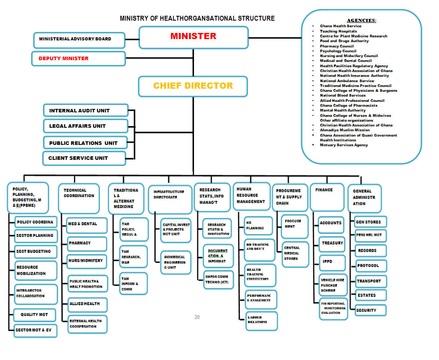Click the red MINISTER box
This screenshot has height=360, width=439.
(x=194, y=37)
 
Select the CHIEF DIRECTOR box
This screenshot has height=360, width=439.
(x=193, y=86)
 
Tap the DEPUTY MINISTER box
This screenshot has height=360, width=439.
(x=79, y=58)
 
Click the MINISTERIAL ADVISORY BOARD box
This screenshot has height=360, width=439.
(x=75, y=39)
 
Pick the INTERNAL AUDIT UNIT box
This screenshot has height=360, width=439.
(x=86, y=111)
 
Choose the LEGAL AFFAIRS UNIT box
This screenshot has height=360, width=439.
(x=86, y=126)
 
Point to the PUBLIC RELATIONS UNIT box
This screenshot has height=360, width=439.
(x=86, y=143)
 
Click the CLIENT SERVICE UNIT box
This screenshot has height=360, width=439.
(x=84, y=158)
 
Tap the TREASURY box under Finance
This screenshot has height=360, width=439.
(x=332, y=243)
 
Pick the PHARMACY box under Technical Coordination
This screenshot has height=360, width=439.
(x=87, y=243)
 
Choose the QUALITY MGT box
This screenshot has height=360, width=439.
(x=34, y=314)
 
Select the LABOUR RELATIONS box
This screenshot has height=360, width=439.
(x=261, y=320)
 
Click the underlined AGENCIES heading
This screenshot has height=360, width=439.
(x=361, y=20)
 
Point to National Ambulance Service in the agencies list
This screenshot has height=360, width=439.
(x=347, y=81)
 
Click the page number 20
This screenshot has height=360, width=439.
(x=197, y=317)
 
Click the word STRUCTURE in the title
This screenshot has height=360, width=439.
(x=256, y=18)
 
